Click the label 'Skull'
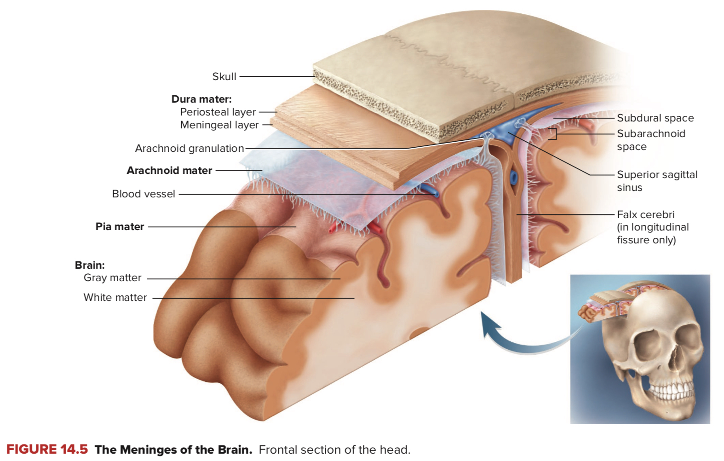click(224, 76)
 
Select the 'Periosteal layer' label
click(218, 112)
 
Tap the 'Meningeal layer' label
click(219, 125)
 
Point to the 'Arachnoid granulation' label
click(189, 148)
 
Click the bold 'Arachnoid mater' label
click(169, 170)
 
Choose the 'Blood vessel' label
click(144, 194)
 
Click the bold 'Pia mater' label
click(120, 226)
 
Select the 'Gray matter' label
click(112, 277)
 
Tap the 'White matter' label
click(115, 297)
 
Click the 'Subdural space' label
click(655, 118)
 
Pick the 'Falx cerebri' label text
click(645, 214)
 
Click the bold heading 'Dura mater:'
click(201, 99)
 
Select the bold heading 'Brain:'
click(90, 265)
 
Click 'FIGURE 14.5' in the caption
click(47, 449)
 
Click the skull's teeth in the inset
click(669, 392)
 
